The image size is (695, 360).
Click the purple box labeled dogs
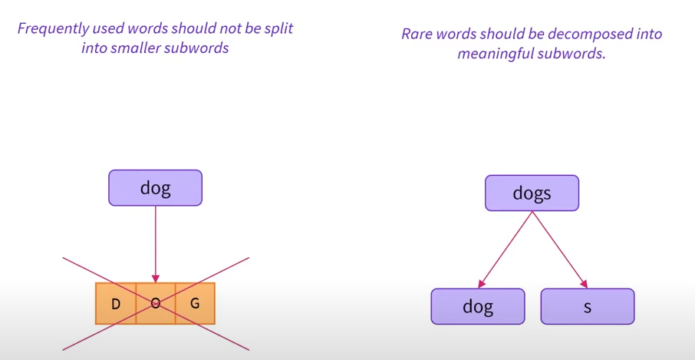(x=532, y=193)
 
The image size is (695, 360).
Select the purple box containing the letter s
(x=588, y=307)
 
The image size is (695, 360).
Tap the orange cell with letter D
(x=116, y=303)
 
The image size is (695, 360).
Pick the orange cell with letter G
(x=195, y=303)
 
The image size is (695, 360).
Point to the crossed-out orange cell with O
(x=155, y=303)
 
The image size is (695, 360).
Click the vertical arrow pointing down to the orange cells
(x=156, y=242)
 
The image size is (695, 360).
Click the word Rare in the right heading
(x=417, y=35)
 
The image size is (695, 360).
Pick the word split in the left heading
(x=279, y=29)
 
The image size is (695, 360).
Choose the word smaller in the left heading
(x=140, y=48)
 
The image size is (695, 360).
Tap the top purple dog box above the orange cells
(x=155, y=188)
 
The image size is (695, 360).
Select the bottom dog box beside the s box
(x=477, y=307)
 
